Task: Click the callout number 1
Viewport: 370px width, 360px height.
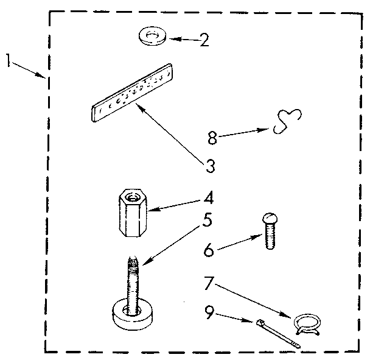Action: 9,61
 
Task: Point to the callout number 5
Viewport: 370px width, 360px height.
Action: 207,220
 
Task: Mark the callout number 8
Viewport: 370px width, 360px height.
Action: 212,138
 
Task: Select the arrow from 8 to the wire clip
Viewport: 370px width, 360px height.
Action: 243,133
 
